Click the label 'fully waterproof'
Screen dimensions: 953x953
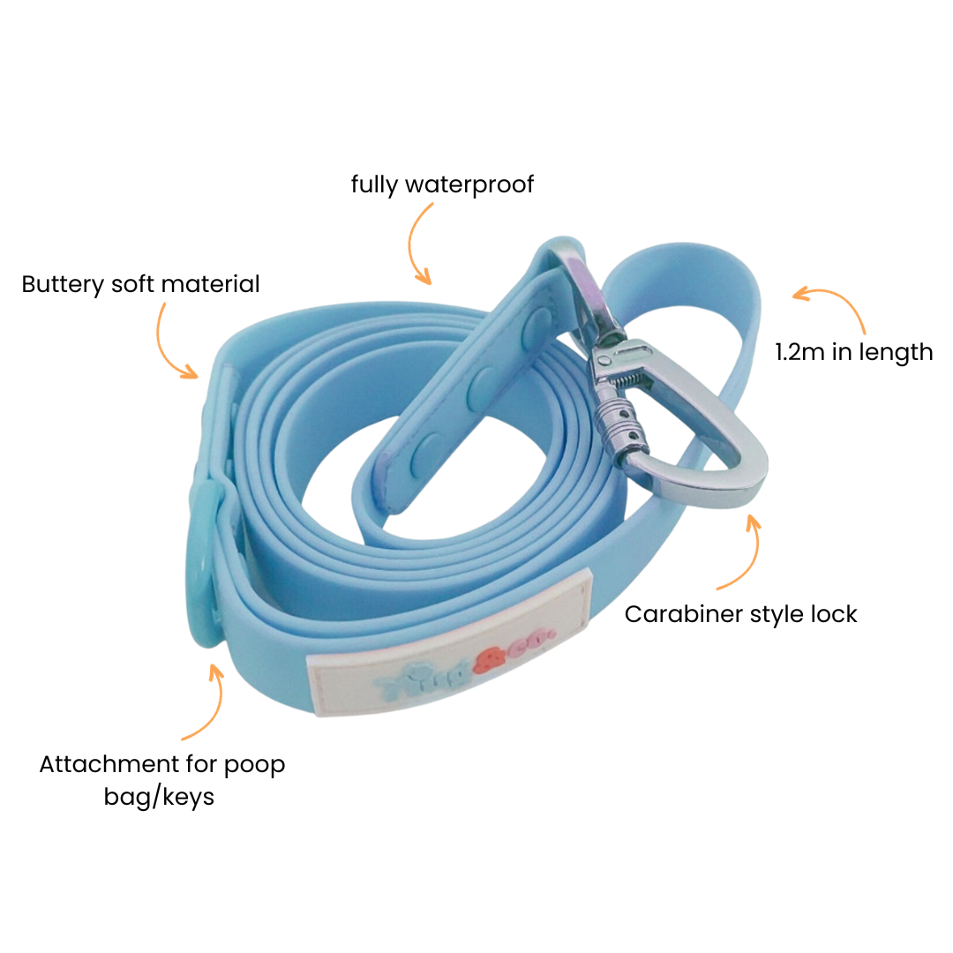point(442,184)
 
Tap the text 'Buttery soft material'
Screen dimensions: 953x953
point(141,284)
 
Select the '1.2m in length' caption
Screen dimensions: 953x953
point(853,352)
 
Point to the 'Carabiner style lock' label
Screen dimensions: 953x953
point(740,614)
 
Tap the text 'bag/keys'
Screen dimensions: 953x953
point(159,797)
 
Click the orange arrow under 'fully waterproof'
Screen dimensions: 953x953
point(420,244)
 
